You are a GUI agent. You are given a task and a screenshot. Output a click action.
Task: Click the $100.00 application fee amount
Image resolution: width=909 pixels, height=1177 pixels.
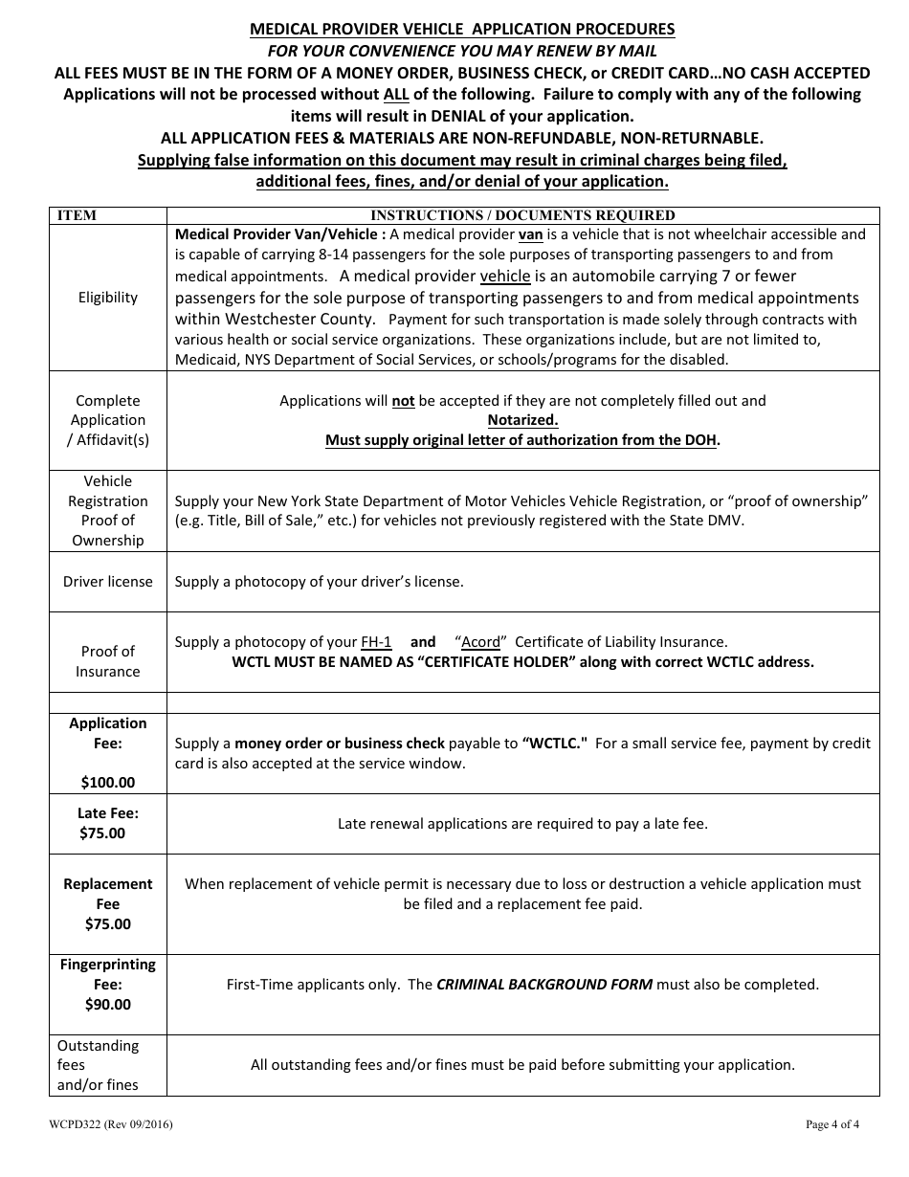click(107, 782)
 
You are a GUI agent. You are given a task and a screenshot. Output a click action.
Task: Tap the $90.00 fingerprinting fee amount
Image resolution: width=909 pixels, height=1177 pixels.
click(107, 1004)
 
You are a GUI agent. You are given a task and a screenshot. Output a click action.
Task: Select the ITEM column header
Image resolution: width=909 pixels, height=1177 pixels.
click(78, 215)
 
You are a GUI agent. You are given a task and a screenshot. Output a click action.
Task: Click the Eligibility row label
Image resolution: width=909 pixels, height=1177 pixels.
click(107, 298)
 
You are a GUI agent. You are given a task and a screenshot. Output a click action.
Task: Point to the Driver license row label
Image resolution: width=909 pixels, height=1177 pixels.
click(107, 582)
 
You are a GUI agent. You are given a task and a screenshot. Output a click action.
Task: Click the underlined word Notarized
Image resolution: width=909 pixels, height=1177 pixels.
click(522, 420)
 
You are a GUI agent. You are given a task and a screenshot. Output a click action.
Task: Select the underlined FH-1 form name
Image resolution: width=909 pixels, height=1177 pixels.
click(376, 642)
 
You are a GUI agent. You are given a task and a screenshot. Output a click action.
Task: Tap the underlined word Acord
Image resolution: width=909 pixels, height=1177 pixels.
click(480, 642)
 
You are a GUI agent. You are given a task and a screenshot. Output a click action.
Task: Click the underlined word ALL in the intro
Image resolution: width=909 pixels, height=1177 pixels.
click(396, 94)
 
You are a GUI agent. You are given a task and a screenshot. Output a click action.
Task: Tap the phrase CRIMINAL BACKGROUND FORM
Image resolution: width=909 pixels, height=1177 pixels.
click(544, 984)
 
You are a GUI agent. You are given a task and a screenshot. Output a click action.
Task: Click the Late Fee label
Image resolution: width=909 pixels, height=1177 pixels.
click(107, 813)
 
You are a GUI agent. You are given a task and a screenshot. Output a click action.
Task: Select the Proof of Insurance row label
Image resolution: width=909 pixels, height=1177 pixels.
click(107, 661)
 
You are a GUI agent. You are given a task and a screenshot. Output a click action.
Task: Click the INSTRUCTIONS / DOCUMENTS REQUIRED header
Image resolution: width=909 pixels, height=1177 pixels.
click(522, 215)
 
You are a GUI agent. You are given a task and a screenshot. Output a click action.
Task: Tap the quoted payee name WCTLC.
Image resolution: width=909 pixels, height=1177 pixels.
click(554, 743)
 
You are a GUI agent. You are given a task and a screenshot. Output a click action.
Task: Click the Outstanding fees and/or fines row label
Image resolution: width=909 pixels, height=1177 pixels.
click(98, 1064)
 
